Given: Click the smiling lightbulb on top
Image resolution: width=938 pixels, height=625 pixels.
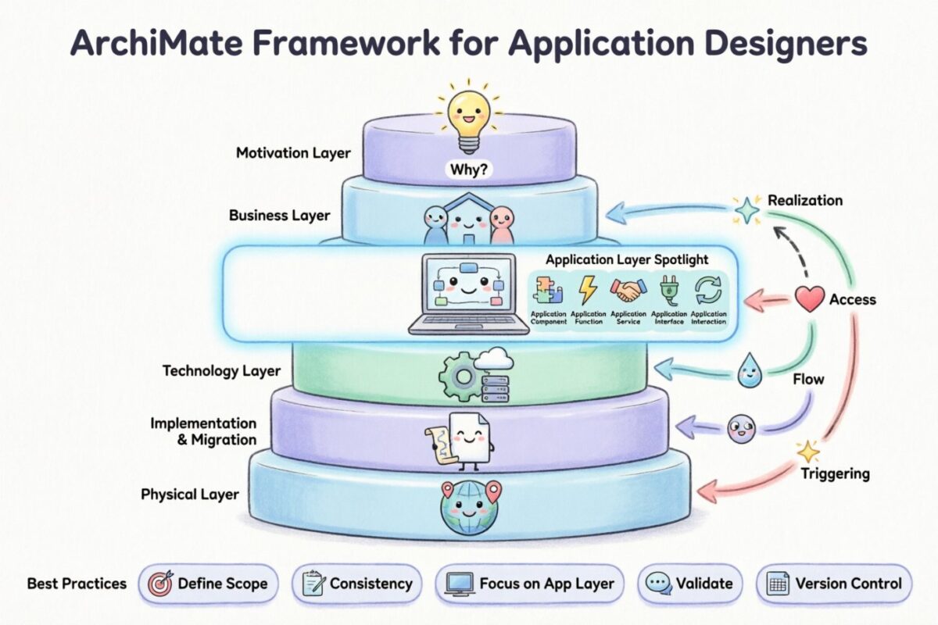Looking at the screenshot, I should click(469, 117).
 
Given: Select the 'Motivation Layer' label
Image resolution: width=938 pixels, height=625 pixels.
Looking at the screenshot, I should click(294, 153).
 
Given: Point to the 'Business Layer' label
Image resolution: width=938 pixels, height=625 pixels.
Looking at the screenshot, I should click(280, 215).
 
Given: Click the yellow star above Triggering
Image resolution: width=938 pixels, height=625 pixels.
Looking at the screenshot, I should click(807, 452).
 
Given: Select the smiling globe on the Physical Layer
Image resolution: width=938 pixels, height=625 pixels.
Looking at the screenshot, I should click(469, 509).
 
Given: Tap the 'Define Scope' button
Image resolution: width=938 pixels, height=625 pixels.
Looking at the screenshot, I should click(208, 584).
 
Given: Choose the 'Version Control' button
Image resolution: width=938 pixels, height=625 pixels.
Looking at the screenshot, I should click(834, 584).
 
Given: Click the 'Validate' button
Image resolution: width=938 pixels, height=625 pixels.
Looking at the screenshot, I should click(689, 584).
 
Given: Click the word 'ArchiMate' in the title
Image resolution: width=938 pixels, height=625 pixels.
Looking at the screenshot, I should click(152, 43).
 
